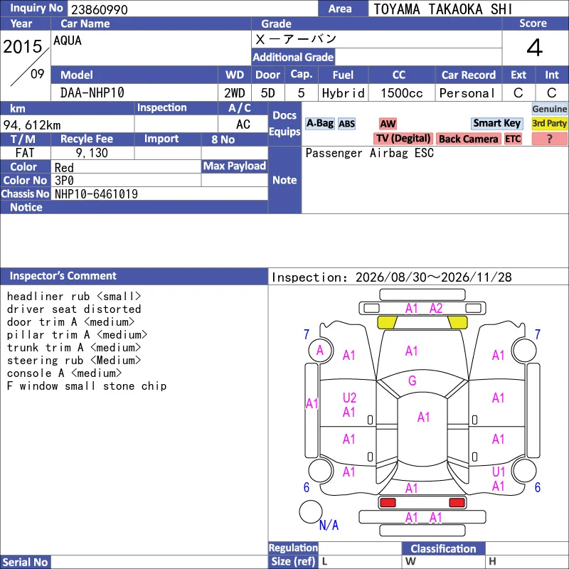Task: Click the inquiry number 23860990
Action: (x=100, y=9)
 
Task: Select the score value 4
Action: (x=535, y=48)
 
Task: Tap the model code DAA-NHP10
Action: (x=92, y=93)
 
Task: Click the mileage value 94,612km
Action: (x=32, y=125)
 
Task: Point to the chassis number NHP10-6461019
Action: (x=96, y=194)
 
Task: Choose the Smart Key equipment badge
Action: (x=497, y=123)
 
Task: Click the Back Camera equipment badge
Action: (x=468, y=139)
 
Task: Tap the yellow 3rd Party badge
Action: (x=549, y=123)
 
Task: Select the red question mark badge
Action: (x=549, y=139)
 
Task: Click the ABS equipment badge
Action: (x=346, y=124)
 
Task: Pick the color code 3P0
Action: (x=64, y=181)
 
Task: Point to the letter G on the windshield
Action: (x=413, y=381)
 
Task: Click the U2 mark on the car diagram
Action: (x=349, y=398)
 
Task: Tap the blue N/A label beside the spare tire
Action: (x=329, y=525)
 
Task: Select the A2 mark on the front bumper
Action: (x=436, y=308)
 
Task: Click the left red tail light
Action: (x=388, y=502)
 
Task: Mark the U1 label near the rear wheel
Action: (x=499, y=472)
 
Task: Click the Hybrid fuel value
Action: (x=343, y=93)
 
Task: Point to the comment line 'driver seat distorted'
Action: (x=74, y=309)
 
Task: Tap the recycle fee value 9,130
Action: (x=92, y=153)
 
